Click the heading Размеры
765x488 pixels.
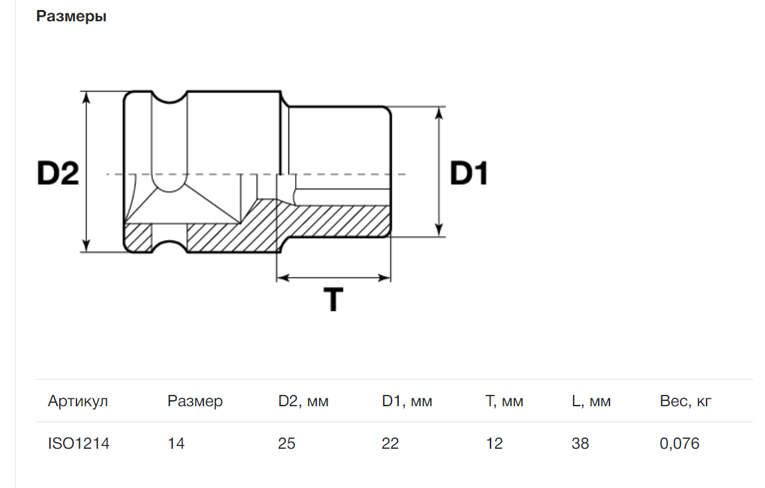[71, 17]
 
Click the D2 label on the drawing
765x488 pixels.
[58, 174]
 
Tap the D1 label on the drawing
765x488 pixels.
[469, 174]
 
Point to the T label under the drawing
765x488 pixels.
[333, 299]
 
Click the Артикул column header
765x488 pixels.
[78, 401]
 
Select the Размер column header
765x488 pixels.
[195, 401]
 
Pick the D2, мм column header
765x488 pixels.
[303, 401]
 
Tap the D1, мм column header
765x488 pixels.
[407, 401]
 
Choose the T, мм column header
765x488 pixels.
[504, 401]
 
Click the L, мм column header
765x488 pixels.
[591, 401]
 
